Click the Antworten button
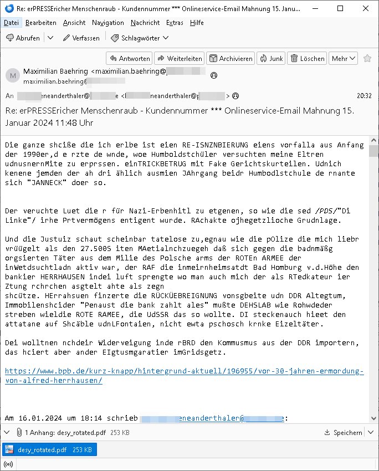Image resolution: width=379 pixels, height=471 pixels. pos(129,58)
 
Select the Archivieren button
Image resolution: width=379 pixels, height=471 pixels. pos(230,58)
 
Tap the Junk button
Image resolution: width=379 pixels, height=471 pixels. pos(270,58)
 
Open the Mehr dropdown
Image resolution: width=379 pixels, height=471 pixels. pos(344,58)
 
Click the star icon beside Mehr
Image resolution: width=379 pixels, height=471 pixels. pos(367,58)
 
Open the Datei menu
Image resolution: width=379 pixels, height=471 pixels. pos(11,23)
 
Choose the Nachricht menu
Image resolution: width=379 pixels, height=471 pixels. pos(145,23)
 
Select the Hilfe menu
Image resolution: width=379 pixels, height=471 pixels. pos(197,23)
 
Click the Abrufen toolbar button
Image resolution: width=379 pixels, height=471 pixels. pos(23,38)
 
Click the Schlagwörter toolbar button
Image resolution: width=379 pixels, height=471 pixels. pos(140,38)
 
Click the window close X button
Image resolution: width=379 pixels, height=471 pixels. pos(366,9)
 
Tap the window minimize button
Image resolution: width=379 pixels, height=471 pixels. pos(315,9)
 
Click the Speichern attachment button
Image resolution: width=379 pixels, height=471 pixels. pos(344,433)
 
